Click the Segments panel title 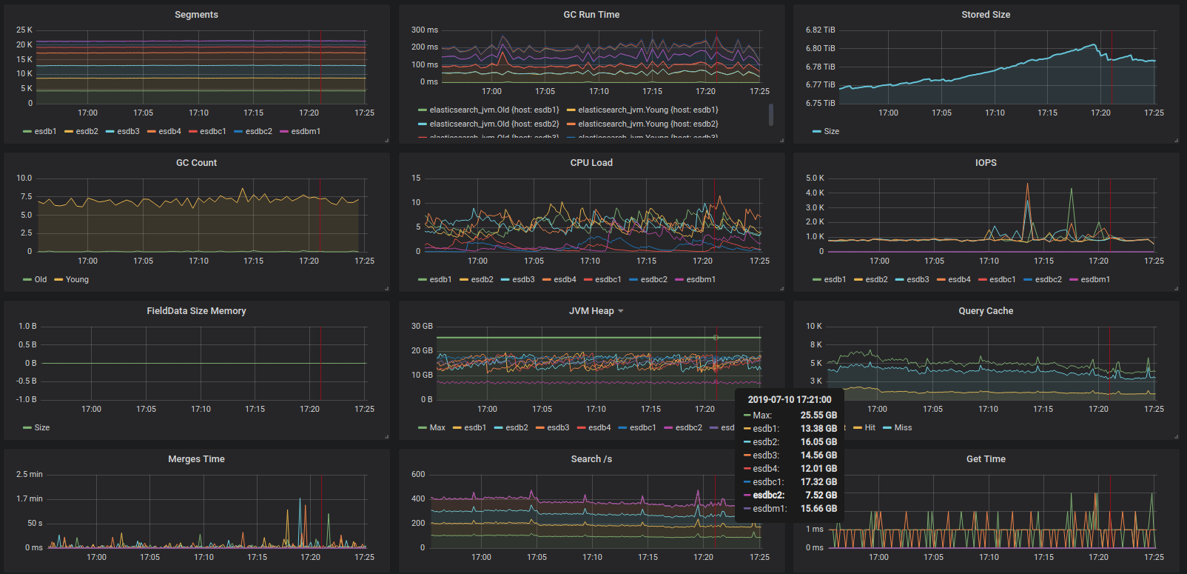[x=196, y=15]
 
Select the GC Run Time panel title [x=591, y=15]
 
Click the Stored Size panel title [x=985, y=15]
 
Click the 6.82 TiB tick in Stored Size [x=820, y=30]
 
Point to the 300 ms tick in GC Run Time [x=425, y=30]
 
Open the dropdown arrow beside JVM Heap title [x=621, y=311]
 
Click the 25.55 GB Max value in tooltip [x=818, y=416]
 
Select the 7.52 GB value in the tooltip [x=821, y=495]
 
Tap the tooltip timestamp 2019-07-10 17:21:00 [x=789, y=400]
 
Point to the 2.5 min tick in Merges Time [x=30, y=475]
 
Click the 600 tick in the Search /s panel [x=418, y=475]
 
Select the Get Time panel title [x=986, y=459]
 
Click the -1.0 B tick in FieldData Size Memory [x=27, y=400]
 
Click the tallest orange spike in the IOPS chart [x=1027, y=184]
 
